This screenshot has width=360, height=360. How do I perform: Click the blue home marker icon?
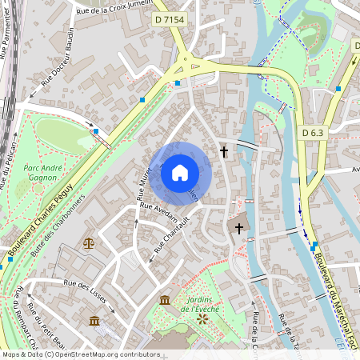click(x=179, y=172)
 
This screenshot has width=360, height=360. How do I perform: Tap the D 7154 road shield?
click(x=170, y=19)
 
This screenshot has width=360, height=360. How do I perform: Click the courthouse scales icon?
click(x=87, y=242)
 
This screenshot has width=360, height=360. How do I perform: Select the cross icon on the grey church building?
click(x=238, y=229)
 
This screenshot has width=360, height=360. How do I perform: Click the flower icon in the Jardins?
click(x=202, y=318)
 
